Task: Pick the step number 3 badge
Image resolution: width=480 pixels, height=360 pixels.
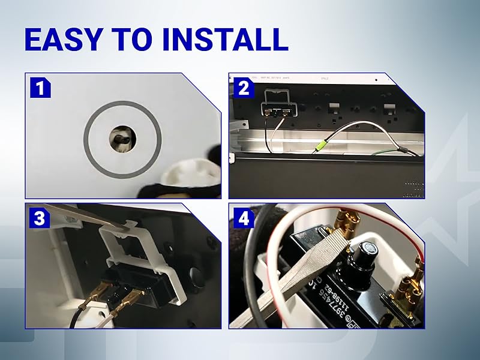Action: pyautogui.click(x=40, y=218)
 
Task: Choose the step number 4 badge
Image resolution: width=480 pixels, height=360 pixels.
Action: pyautogui.click(x=244, y=218)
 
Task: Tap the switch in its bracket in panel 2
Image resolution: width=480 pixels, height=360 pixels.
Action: pyautogui.click(x=277, y=110)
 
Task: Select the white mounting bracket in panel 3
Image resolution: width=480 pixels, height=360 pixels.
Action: pyautogui.click(x=144, y=252)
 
